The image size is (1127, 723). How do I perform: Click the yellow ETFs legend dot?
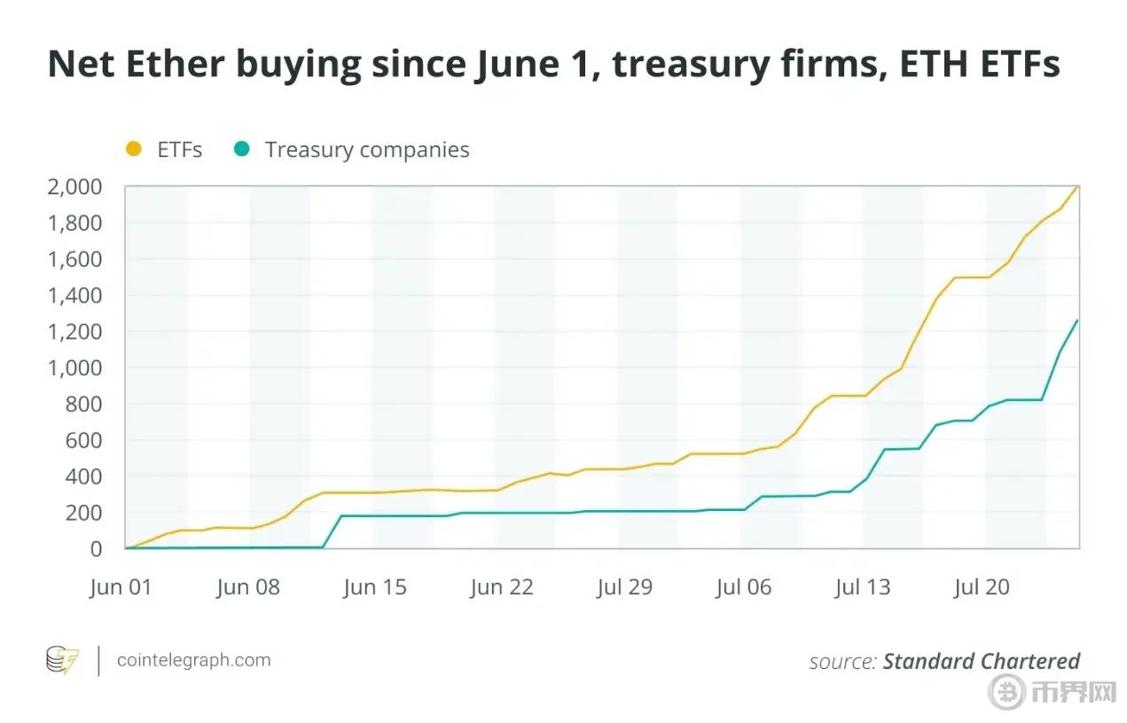tap(134, 150)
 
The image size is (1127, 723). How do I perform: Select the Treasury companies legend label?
tap(367, 150)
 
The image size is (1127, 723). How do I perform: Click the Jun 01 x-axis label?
tap(121, 587)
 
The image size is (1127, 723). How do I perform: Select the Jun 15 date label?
tap(375, 587)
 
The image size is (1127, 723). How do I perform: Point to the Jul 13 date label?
tap(863, 587)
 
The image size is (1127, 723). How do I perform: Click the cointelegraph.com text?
tap(194, 660)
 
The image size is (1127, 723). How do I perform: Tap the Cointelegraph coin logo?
tap(62, 661)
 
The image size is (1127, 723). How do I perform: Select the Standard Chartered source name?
tap(982, 661)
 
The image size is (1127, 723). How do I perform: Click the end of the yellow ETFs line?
tap(1077, 187)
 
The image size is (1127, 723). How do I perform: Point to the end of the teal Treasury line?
tap(1077, 320)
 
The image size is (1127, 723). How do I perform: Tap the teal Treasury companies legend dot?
tap(241, 150)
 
